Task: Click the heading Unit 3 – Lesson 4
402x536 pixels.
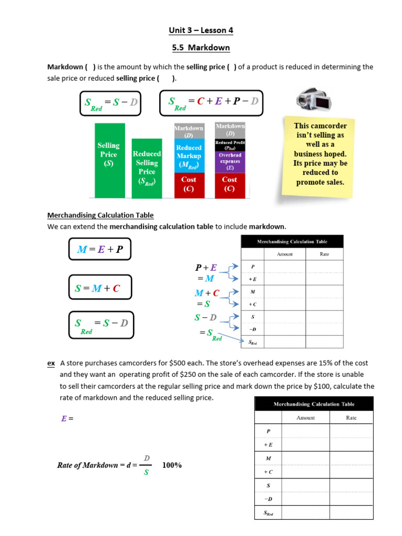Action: [201, 30]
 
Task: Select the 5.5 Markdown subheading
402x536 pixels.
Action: [201, 48]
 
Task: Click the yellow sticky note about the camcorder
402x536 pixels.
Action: [320, 154]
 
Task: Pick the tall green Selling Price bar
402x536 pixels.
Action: [109, 160]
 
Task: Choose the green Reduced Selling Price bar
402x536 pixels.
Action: [147, 167]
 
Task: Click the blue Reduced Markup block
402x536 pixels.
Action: [188, 156]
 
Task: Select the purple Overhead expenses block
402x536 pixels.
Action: [230, 162]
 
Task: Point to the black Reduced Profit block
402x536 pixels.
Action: [230, 144]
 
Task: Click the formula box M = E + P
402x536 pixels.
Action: [99, 250]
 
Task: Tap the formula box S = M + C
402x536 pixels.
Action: [99, 288]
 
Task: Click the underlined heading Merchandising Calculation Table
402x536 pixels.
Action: [100, 215]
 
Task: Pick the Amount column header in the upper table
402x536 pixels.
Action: [285, 254]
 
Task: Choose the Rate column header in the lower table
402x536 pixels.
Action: [351, 418]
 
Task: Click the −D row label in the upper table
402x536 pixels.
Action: [252, 329]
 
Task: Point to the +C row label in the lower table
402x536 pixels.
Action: [268, 472]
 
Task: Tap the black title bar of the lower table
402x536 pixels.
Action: [314, 404]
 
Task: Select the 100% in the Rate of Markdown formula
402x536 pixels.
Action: [172, 465]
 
